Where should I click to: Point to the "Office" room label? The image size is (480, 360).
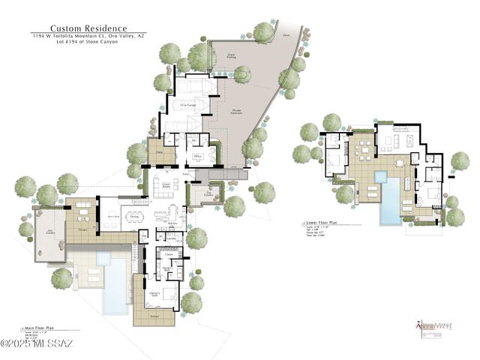(199, 156)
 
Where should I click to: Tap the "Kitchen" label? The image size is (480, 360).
(171, 223)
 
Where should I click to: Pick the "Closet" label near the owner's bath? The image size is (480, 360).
(169, 255)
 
